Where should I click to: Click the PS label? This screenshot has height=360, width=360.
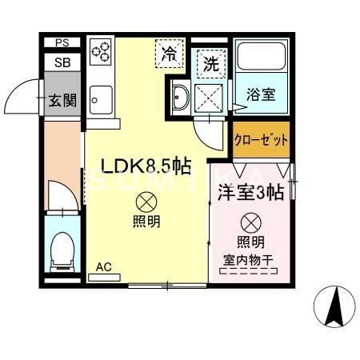[62, 43]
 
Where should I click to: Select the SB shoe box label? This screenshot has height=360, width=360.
[62, 61]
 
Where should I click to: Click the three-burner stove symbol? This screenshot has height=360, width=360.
[102, 53]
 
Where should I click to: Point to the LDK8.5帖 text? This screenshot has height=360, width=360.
[145, 166]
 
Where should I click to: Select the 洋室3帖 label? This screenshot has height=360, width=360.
[249, 192]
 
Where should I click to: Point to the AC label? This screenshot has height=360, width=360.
[104, 266]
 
